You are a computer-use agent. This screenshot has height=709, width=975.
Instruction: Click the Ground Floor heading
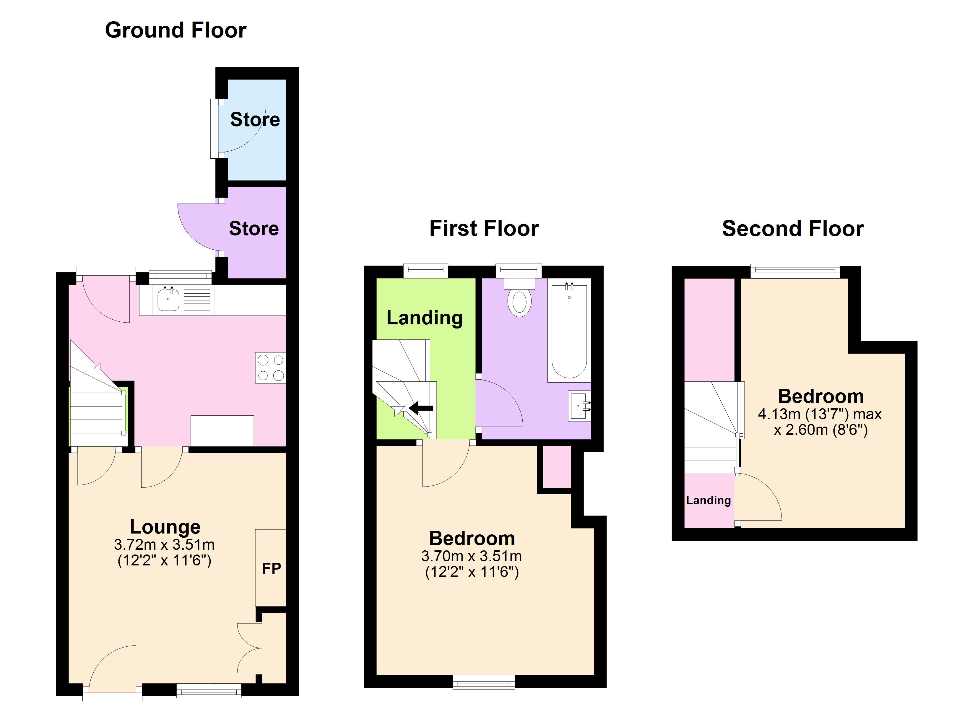[x=175, y=30]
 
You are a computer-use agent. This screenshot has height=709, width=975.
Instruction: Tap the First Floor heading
[x=484, y=228]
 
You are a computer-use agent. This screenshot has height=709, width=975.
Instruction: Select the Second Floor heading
[x=793, y=228]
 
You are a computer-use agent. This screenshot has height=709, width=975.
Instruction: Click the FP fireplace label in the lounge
[x=271, y=568]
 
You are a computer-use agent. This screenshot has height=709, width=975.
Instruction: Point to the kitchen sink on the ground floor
[x=168, y=299]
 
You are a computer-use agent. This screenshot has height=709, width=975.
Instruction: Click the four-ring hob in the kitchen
[x=270, y=367]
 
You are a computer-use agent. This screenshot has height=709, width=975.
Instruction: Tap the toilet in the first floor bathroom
[x=519, y=297]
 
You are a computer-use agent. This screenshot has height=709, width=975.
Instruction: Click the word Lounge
[x=165, y=527]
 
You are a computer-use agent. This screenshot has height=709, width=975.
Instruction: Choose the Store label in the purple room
[x=253, y=228]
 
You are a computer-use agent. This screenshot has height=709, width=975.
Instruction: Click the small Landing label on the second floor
[x=708, y=500]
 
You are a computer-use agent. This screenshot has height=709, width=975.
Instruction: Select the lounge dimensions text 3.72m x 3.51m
[x=164, y=545]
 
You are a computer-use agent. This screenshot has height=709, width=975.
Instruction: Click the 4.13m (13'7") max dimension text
[x=820, y=414]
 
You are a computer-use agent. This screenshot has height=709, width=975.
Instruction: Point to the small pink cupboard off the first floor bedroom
[x=557, y=466]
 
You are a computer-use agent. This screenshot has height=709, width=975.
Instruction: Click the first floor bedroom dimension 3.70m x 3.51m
[x=472, y=556]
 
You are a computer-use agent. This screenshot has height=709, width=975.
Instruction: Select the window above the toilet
[x=519, y=271]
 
